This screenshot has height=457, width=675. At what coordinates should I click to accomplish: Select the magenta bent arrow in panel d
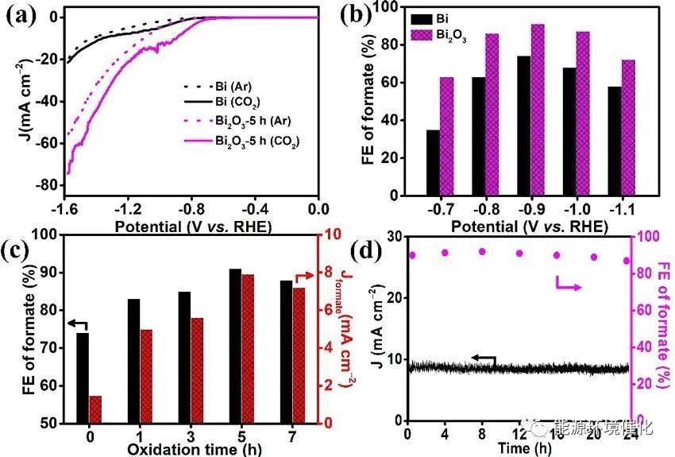tap(566, 283)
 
